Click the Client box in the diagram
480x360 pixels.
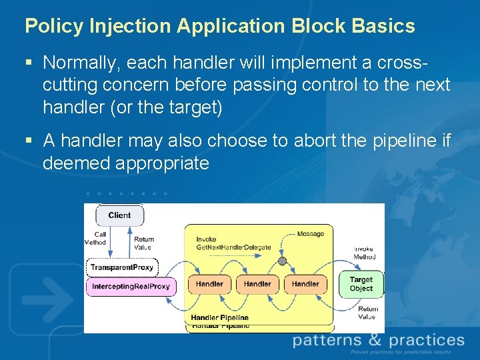click(119, 215)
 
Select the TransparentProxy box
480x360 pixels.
click(122, 267)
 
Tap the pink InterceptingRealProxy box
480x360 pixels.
click(131, 287)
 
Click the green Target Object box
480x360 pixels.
click(361, 285)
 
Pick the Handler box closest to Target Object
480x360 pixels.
click(305, 284)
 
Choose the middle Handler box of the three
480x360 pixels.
click(257, 284)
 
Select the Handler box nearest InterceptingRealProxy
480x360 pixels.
click(209, 284)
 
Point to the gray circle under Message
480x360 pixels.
click(282, 261)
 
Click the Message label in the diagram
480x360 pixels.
click(310, 234)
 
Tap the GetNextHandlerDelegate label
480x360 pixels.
click(233, 247)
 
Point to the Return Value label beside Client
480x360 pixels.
click(144, 243)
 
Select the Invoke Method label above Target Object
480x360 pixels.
click(364, 253)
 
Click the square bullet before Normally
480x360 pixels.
click(29, 63)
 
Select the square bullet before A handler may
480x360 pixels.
click(29, 141)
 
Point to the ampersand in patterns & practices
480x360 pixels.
click(375, 340)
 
